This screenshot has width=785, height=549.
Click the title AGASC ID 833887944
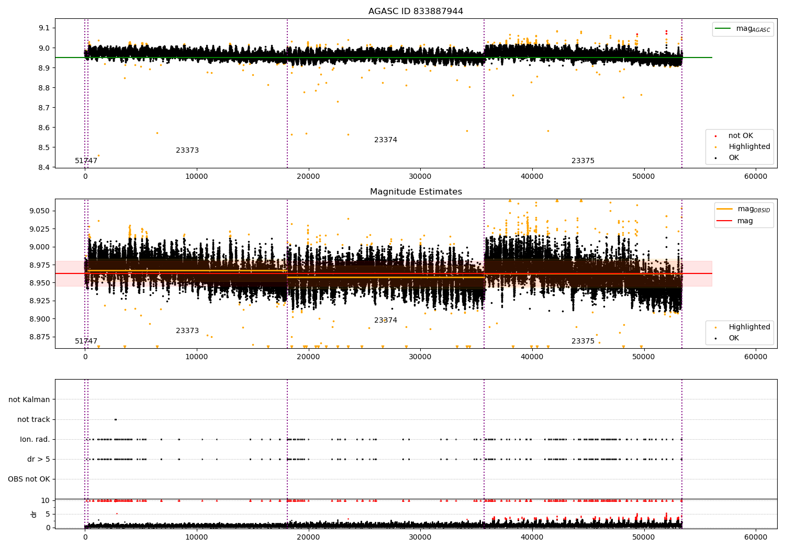416,12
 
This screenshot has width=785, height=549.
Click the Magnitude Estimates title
416,192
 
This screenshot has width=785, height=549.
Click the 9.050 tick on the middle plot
40,211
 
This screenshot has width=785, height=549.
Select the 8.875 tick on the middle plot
40,337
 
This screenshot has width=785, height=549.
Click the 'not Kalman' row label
29,399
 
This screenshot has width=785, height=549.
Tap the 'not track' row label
33,419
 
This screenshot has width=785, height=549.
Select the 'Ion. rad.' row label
35,439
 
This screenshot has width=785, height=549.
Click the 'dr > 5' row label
38,459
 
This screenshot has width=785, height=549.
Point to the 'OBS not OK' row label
29,479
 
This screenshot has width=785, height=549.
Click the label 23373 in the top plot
187,151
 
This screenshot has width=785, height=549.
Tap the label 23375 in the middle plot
583,341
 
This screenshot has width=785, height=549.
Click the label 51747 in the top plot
86,161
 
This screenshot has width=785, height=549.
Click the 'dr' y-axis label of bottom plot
34,514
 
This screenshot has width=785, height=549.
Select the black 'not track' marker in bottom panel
116,419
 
